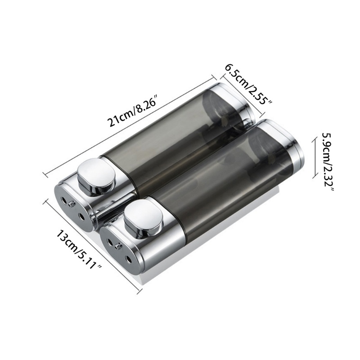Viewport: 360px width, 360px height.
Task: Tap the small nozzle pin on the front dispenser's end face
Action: tap(118, 247)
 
